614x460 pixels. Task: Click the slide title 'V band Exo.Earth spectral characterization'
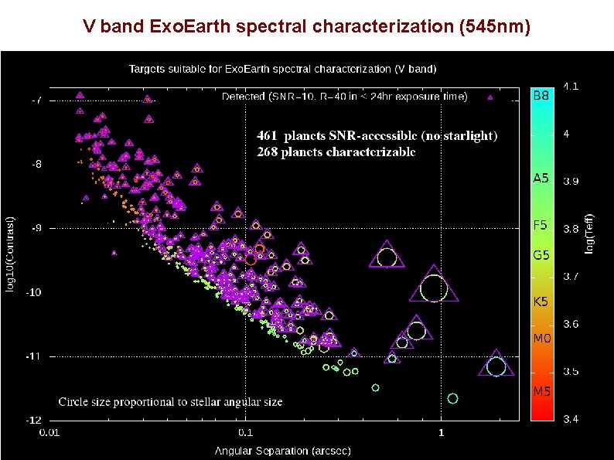pyautogui.click(x=307, y=28)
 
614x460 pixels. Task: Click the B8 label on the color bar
pyautogui.click(x=541, y=97)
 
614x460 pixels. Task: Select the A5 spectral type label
pyautogui.click(x=541, y=179)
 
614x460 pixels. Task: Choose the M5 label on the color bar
pyautogui.click(x=541, y=391)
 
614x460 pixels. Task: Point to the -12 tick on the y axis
pyautogui.click(x=35, y=421)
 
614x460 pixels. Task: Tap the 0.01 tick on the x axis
pyautogui.click(x=52, y=432)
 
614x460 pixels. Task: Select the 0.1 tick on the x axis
pyautogui.click(x=245, y=432)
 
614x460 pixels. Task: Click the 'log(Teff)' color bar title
pyautogui.click(x=591, y=233)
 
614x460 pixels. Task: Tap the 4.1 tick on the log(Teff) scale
pyautogui.click(x=571, y=86)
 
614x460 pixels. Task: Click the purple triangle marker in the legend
pyautogui.click(x=489, y=97)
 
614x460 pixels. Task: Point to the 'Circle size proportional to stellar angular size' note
pyautogui.click(x=170, y=402)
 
